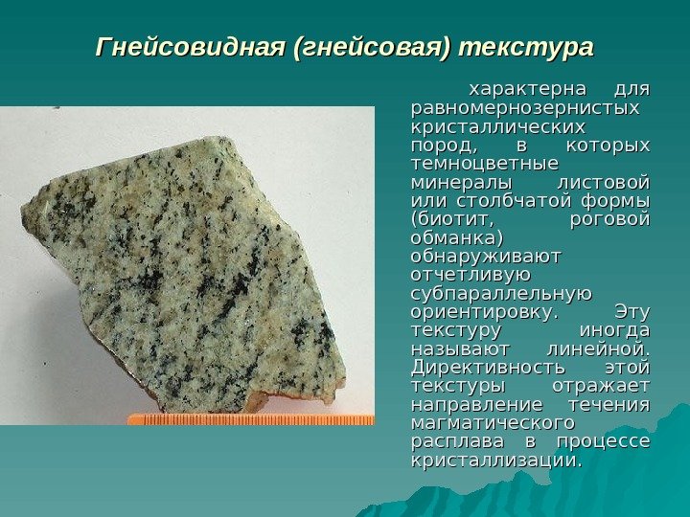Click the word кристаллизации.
[x=495, y=460]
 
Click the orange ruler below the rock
[x=249, y=419]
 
